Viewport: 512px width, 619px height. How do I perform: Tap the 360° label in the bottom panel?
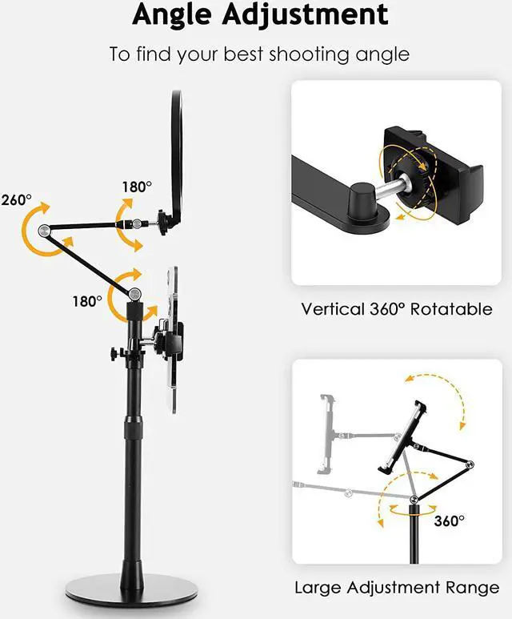pos(449,521)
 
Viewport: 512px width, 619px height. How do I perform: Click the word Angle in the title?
pos(178,14)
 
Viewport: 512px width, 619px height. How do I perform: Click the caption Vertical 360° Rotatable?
pos(397,308)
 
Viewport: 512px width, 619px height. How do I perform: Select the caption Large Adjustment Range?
pos(397,588)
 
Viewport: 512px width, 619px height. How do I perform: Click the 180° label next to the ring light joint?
pos(137,187)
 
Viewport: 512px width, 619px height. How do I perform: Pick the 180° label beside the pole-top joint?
pos(87,301)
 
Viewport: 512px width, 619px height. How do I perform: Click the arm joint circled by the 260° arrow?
pos(45,231)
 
